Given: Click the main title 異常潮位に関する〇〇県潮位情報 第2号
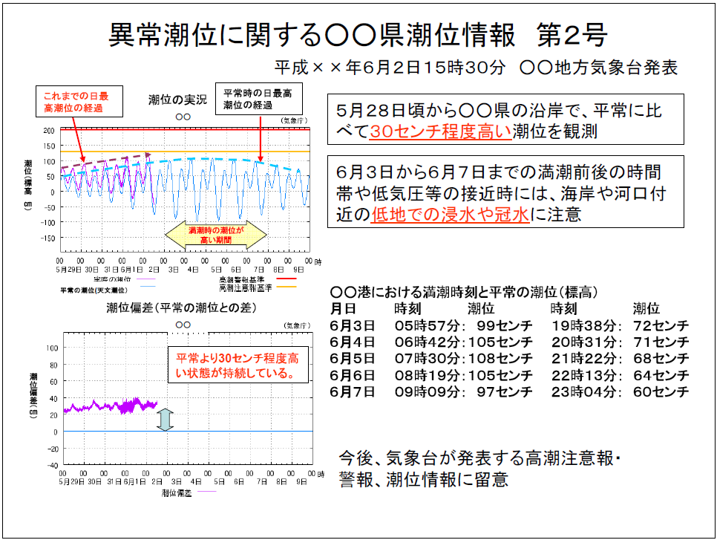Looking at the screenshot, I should point(358,33).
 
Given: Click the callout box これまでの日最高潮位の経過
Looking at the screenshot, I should point(73,102).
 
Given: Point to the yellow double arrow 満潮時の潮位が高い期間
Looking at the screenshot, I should point(215,235).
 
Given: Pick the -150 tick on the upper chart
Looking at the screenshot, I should point(48,238).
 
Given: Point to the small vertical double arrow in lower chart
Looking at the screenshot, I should point(166,420).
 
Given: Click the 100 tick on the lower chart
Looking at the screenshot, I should point(52,347).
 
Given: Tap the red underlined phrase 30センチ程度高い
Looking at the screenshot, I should point(440,131).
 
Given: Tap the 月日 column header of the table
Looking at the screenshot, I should point(344,308).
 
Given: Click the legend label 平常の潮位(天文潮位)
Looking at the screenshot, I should point(94,290).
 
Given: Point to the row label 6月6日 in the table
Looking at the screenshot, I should point(353,375).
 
